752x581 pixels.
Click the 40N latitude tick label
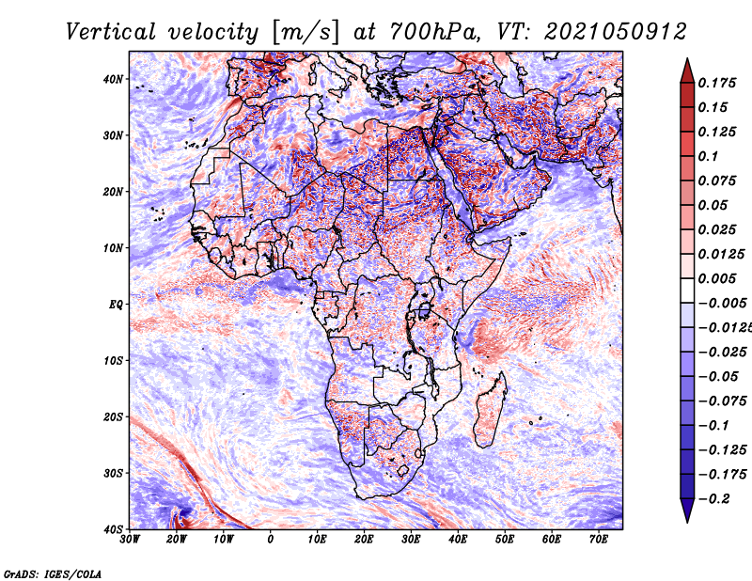[113, 79]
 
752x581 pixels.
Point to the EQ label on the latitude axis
[116, 305]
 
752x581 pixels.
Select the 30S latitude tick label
[113, 474]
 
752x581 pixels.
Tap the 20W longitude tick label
[176, 540]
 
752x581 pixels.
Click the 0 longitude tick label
[271, 540]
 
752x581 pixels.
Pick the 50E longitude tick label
[505, 540]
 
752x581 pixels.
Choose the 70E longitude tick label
[598, 540]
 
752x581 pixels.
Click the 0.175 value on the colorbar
[717, 84]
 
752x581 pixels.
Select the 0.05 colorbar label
[713, 205]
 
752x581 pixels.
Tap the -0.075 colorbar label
[721, 401]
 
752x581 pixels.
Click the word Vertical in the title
[111, 32]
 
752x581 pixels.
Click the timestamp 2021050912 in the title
[616, 32]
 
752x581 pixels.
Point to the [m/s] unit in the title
[306, 32]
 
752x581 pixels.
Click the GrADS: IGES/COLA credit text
[53, 574]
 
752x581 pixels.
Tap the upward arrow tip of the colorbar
[687, 59]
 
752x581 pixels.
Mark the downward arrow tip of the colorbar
[687, 522]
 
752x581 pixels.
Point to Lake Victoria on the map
[425, 310]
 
